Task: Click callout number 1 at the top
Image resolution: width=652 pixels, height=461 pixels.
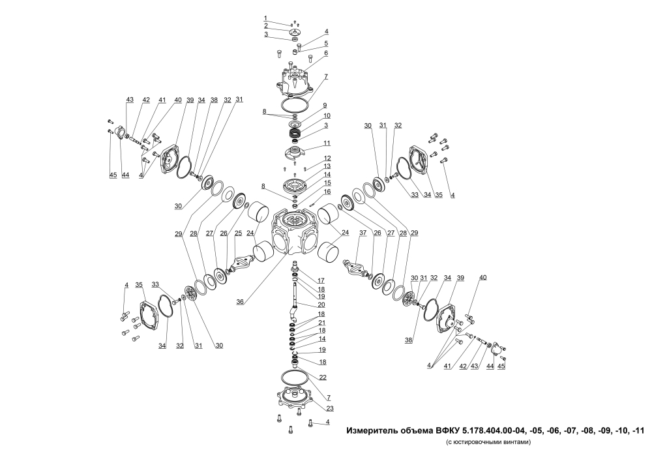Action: [265, 18]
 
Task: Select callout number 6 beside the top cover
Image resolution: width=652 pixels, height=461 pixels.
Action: [327, 53]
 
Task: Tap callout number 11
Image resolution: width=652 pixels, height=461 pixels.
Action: [327, 143]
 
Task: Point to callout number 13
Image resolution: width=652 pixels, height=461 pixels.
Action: [327, 166]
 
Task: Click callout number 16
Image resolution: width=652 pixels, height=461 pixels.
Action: [328, 192]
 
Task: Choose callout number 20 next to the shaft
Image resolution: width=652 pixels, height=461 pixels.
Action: [321, 305]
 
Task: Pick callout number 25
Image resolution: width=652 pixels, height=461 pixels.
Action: [238, 233]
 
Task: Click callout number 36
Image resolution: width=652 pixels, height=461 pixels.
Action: [240, 302]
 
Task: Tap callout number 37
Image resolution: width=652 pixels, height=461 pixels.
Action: [363, 233]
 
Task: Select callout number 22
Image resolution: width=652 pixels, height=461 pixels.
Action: [323, 378]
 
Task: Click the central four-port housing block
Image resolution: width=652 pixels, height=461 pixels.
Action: [293, 232]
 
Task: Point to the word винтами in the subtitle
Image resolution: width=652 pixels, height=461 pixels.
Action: [517, 442]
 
